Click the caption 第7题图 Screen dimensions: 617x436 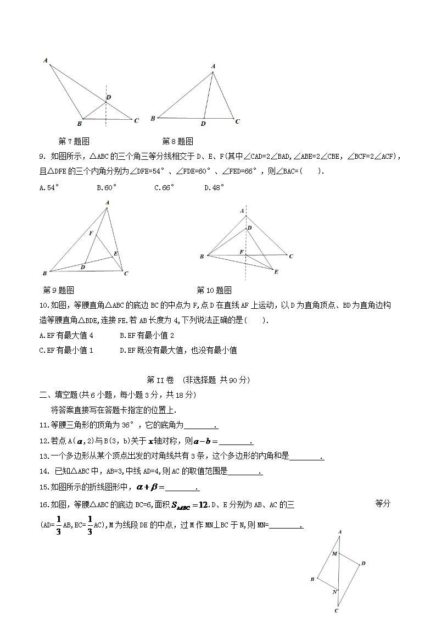pos(74,141)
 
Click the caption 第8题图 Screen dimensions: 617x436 pos(177,141)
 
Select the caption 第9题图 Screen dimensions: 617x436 pos(58,290)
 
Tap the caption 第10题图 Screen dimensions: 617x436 pos(214,290)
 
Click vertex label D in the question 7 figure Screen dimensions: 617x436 pos(109,97)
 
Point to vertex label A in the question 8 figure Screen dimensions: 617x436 pos(213,66)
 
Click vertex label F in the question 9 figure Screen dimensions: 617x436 pos(91,233)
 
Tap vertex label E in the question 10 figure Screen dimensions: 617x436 pos(276,272)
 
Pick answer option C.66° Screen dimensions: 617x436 pos(164,187)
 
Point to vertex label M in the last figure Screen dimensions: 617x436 pos(334,553)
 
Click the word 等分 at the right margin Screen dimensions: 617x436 pos(382,503)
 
